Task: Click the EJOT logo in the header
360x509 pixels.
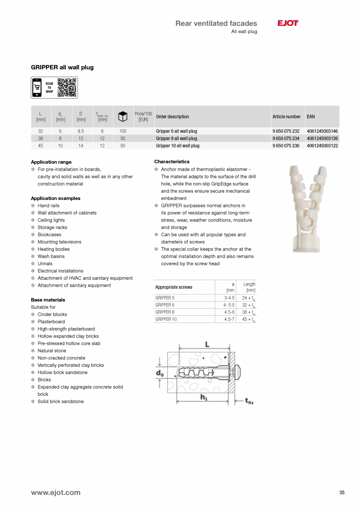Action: tap(288, 23)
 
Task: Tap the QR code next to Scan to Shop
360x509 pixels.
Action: tap(67, 88)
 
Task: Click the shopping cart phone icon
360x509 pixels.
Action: tap(37, 88)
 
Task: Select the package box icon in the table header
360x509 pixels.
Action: tap(123, 116)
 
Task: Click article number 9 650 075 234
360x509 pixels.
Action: tap(286, 138)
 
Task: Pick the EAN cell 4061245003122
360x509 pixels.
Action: tap(322, 146)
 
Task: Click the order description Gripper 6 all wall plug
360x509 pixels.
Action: tap(176, 131)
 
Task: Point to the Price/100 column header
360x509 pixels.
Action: tap(143, 117)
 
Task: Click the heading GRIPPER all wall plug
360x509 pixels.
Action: tap(62, 67)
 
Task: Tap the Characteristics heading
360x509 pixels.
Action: tap(172, 162)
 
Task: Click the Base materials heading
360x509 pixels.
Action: tap(48, 300)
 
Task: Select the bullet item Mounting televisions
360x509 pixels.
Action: tap(59, 242)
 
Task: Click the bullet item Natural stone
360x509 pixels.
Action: tap(52, 351)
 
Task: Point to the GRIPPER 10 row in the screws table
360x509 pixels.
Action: tap(166, 319)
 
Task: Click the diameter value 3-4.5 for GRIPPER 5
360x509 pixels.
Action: tap(229, 298)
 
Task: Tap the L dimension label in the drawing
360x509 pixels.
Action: tap(207, 344)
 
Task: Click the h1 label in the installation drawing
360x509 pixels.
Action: tap(204, 397)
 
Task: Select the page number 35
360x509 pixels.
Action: tap(342, 493)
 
